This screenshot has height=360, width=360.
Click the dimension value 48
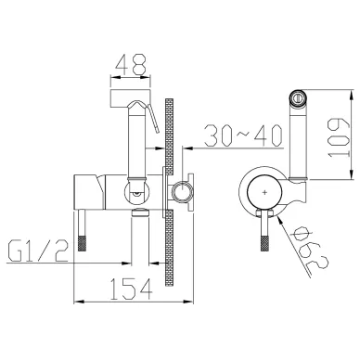tap(130, 64)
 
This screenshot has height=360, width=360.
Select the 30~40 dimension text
tap(244, 135)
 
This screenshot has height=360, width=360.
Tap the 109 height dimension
tap(339, 137)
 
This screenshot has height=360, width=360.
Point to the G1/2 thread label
tap(38, 251)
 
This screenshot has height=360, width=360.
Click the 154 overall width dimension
tap(132, 289)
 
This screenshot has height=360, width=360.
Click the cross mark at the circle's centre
tap(264, 192)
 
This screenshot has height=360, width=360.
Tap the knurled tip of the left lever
tap(82, 243)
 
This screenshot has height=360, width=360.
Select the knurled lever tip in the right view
tap(264, 244)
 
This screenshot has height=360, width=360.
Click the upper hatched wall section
tap(169, 135)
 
